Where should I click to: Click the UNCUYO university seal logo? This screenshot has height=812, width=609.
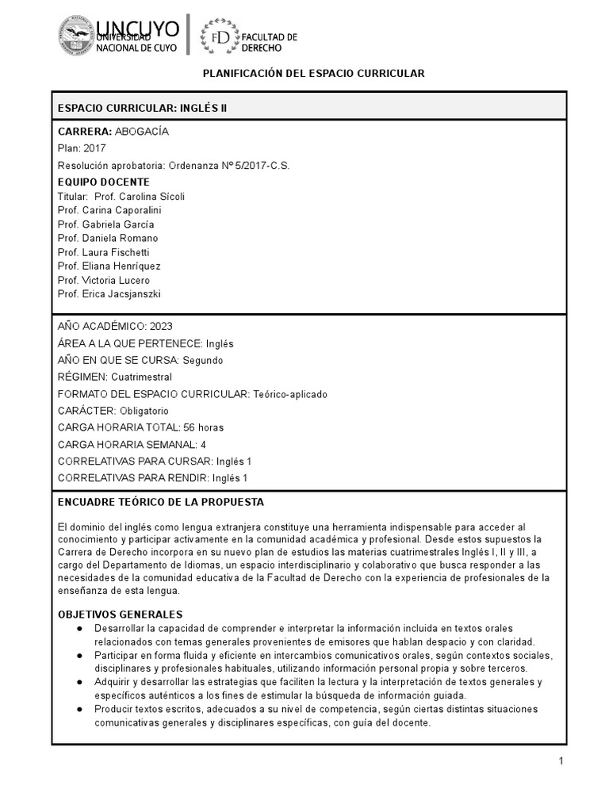click(x=75, y=35)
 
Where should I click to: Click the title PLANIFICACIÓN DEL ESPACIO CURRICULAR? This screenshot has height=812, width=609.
click(x=314, y=73)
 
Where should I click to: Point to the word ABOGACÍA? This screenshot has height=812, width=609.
click(x=142, y=131)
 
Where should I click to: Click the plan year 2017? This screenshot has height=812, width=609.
click(x=94, y=148)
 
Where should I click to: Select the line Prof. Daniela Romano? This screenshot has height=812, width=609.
click(x=108, y=238)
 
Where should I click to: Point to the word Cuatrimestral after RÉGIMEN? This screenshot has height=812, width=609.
click(x=141, y=377)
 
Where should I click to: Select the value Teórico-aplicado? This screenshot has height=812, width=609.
click(x=290, y=394)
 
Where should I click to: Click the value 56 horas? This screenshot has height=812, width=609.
click(x=203, y=427)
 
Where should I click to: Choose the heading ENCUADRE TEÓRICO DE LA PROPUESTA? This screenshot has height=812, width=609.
click(x=161, y=502)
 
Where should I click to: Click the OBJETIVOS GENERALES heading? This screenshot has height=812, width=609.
click(x=121, y=615)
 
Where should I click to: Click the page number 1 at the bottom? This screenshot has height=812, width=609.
click(x=560, y=762)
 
